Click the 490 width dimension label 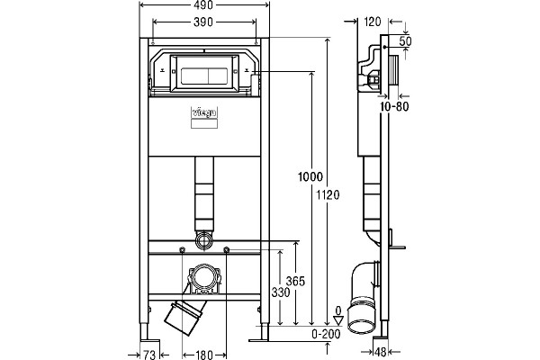pyautogui.click(x=203, y=5)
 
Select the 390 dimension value pyautogui.click(x=203, y=22)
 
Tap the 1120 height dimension pyautogui.click(x=328, y=195)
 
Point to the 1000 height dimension pyautogui.click(x=310, y=176)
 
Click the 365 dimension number pyautogui.click(x=295, y=282)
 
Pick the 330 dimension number pyautogui.click(x=281, y=292)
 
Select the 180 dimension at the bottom pyautogui.click(x=204, y=355)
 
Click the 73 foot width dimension pyautogui.click(x=149, y=355)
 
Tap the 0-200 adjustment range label pyautogui.click(x=326, y=334)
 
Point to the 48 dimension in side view pyautogui.click(x=380, y=352)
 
